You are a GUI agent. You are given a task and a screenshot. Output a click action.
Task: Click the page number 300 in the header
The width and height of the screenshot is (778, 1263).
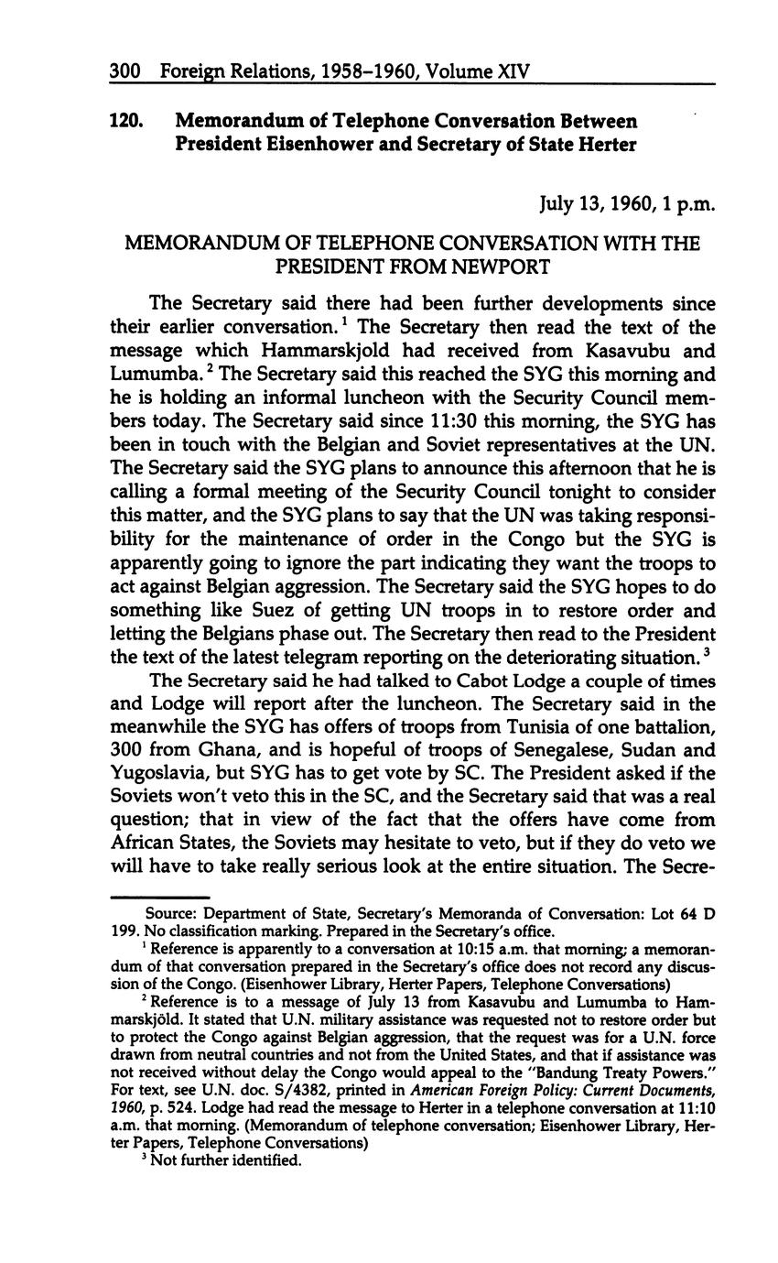pos(124,71)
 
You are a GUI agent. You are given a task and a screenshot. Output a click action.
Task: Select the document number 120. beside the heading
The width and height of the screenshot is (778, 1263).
pos(126,121)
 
